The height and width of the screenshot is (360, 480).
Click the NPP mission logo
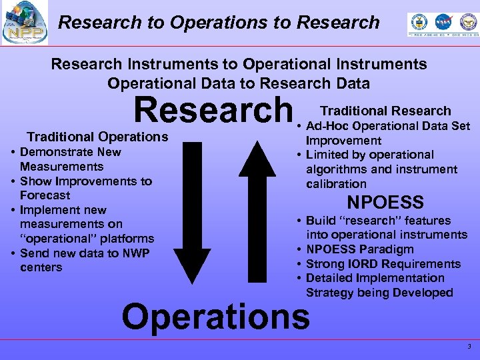point(25,22)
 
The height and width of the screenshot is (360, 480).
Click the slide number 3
point(469,346)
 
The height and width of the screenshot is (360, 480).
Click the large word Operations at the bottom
point(215,315)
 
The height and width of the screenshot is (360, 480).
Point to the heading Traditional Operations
point(97,137)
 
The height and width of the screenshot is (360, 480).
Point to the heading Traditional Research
point(385,111)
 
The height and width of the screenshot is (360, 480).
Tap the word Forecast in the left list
point(45,195)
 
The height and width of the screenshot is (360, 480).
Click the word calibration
point(336,184)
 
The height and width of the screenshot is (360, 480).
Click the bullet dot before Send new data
point(13,253)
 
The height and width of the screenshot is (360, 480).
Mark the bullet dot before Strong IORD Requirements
point(300,264)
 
